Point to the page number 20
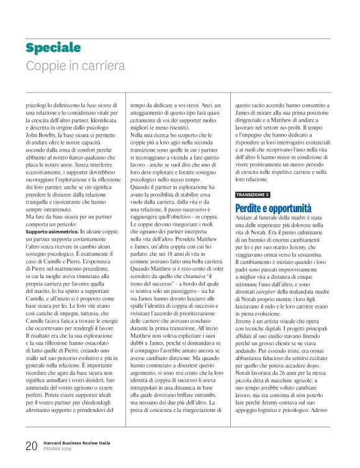click(32, 445)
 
